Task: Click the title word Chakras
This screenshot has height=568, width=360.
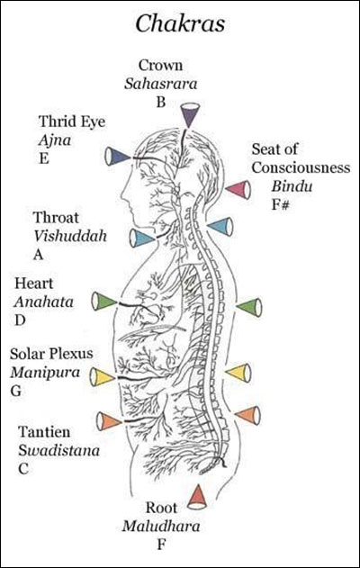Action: (x=180, y=24)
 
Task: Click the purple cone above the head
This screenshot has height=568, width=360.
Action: (x=190, y=115)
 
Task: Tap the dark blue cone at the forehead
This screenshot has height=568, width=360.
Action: (x=117, y=157)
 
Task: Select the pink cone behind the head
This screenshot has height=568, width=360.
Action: (x=238, y=189)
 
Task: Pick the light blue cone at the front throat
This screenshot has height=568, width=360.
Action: (x=142, y=238)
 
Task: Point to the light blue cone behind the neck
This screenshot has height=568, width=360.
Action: (x=220, y=226)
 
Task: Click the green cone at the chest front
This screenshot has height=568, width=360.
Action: (x=103, y=301)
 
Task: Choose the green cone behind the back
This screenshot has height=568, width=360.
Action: (x=249, y=307)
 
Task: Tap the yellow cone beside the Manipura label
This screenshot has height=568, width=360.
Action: (x=103, y=377)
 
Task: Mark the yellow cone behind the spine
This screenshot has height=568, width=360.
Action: (x=238, y=373)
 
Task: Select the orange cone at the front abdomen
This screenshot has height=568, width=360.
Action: (x=110, y=421)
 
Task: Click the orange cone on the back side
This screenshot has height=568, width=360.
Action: (x=247, y=415)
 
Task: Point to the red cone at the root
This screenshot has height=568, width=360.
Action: (x=198, y=498)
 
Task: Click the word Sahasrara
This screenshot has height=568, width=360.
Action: (x=161, y=84)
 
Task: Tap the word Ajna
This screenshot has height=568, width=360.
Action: (x=55, y=140)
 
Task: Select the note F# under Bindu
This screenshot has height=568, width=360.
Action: (x=281, y=204)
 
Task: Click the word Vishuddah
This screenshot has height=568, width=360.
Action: (x=70, y=236)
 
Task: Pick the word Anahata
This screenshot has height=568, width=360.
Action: (x=44, y=302)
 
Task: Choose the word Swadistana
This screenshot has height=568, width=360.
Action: (x=59, y=451)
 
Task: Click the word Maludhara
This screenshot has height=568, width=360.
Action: (x=161, y=527)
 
